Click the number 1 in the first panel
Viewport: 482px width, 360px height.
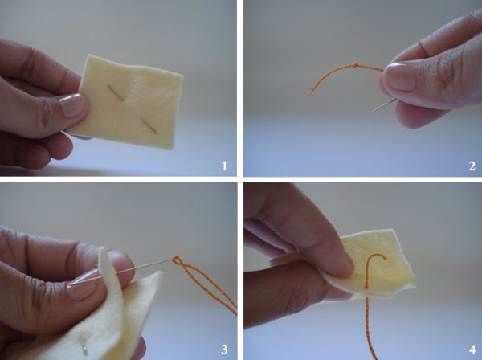point(224,166)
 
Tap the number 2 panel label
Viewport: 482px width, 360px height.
point(472,166)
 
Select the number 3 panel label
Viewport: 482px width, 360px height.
point(224,350)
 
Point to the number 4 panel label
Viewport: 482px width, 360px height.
point(472,350)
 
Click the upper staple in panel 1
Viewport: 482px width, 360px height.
point(116,93)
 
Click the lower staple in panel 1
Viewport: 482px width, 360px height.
point(149,126)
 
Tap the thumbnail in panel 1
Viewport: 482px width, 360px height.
point(72,105)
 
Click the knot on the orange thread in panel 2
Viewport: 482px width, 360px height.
point(356,65)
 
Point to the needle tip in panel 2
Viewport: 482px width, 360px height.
point(374,111)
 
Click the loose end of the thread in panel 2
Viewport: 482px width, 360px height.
point(310,93)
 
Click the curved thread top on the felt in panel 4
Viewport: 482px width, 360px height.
point(376,256)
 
